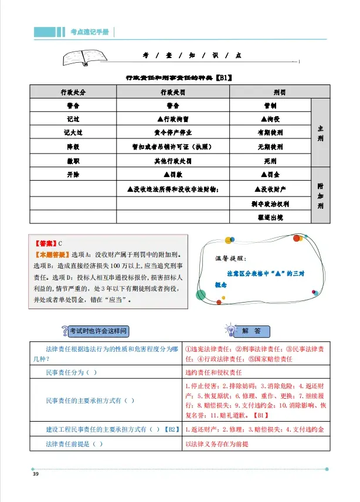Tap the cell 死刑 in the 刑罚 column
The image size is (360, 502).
pyautogui.click(x=270, y=160)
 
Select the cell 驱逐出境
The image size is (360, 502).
pyautogui.click(x=270, y=217)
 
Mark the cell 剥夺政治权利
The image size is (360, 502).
pyautogui.click(x=270, y=203)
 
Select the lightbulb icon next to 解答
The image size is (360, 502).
pyautogui.click(x=231, y=331)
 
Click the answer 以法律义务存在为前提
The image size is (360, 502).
pyautogui.click(x=216, y=443)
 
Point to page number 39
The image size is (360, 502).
pyautogui.click(x=36, y=474)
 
